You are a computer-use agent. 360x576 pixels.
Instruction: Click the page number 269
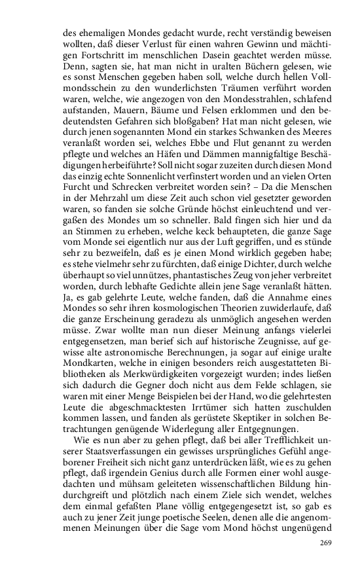point(326,543)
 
